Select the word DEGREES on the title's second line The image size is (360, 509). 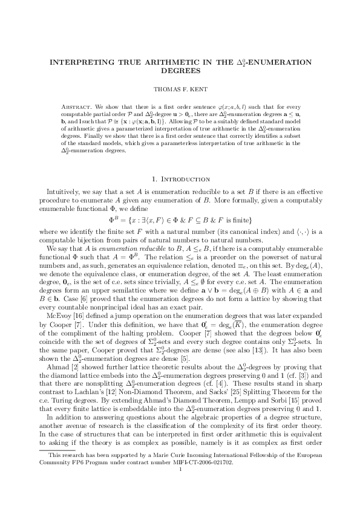[180, 70]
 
